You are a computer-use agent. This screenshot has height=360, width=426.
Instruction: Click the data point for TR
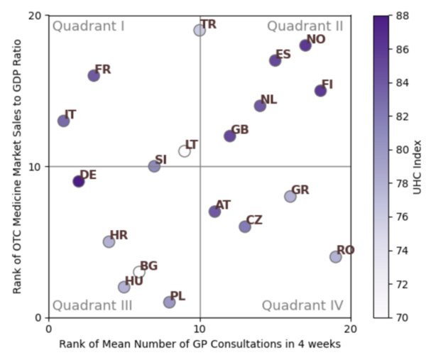(x=200, y=30)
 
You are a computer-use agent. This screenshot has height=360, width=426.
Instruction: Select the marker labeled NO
(x=305, y=45)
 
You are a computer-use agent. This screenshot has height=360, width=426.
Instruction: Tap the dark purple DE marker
(x=79, y=181)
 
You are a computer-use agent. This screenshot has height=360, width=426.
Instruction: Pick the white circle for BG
(x=139, y=272)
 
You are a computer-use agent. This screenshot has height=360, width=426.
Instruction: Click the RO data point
(x=336, y=256)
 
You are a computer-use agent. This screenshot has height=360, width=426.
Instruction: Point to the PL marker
(x=170, y=302)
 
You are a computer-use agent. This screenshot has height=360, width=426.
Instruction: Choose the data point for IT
(x=64, y=121)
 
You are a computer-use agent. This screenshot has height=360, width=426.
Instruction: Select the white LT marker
(x=185, y=151)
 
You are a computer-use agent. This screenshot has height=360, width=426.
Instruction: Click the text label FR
(x=103, y=70)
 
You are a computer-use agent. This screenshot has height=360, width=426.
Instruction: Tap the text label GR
(x=300, y=190)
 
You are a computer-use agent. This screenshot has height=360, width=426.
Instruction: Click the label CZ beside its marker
(x=254, y=220)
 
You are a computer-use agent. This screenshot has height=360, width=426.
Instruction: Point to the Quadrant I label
(x=89, y=26)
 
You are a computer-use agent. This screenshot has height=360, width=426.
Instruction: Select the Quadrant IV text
(x=302, y=305)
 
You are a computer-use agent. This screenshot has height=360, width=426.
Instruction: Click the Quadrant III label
(x=92, y=305)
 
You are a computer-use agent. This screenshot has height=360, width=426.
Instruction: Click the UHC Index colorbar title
(x=417, y=166)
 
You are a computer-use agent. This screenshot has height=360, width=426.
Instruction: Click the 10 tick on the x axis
(x=200, y=329)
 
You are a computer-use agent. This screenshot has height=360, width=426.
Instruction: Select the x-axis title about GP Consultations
(x=200, y=344)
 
